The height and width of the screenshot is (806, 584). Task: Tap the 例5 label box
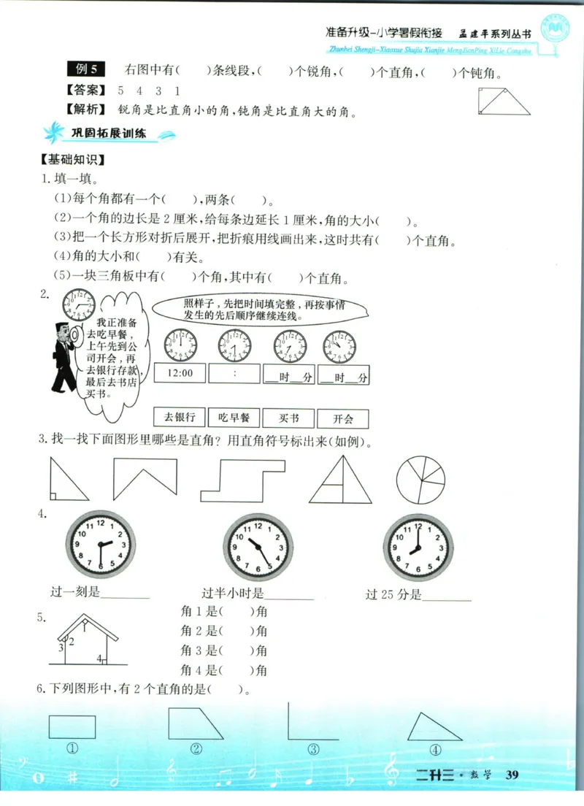(86, 70)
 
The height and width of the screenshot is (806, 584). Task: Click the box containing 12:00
(180, 373)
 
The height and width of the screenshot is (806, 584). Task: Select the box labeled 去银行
(180, 418)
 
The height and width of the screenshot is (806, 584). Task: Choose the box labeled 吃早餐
(234, 418)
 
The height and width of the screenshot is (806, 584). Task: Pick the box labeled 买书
(288, 418)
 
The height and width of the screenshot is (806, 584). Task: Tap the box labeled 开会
(342, 418)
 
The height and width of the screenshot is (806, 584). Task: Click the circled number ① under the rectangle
(72, 749)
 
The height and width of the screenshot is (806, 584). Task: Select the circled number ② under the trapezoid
(196, 749)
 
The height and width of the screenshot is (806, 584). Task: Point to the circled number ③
(313, 749)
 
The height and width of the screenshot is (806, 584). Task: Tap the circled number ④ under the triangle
(435, 749)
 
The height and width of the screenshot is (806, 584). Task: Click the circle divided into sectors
(420, 480)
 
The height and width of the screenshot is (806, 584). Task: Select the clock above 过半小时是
(258, 547)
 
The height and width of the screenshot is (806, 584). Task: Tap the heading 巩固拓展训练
(109, 134)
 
